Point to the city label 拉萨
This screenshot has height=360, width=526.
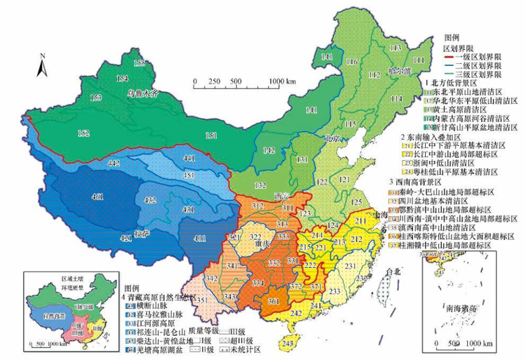click(142, 230)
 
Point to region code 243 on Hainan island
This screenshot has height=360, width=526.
click(288, 343)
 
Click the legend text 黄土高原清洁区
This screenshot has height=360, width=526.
click(464, 109)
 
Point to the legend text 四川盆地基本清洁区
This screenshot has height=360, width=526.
click(467, 199)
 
